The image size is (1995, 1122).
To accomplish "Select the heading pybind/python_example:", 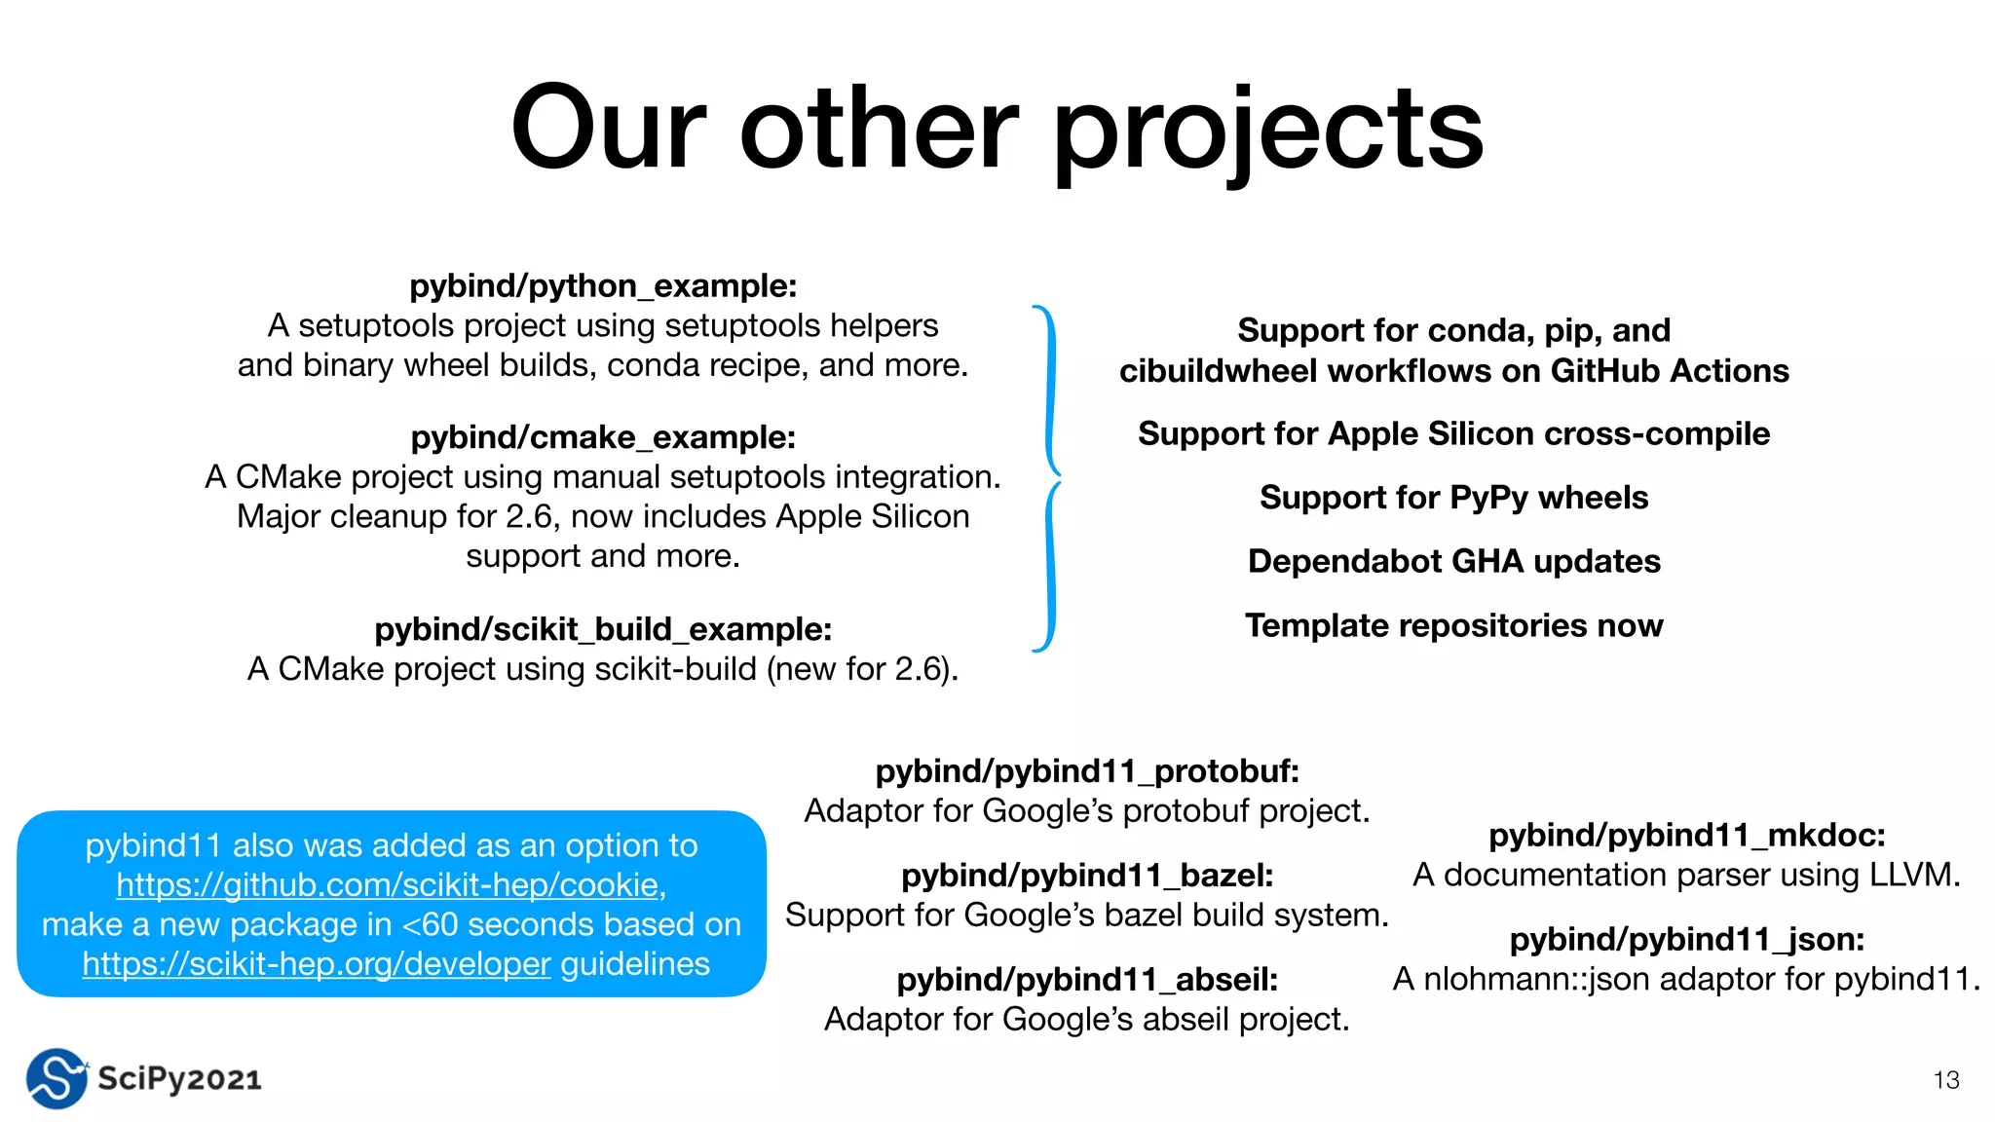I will coord(603,286).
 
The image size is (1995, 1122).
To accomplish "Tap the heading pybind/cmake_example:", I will coord(603,437).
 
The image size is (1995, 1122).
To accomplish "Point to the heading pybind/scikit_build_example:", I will coord(603,629).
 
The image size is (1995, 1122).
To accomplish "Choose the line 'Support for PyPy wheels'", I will coord(1453,498).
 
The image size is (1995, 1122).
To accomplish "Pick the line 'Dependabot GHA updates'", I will coord(1453,562).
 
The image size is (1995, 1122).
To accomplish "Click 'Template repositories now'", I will coord(1453,625).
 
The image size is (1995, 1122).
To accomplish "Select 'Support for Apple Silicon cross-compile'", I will coord(1453,433).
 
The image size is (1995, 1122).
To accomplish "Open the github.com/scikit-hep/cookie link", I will coord(388,884).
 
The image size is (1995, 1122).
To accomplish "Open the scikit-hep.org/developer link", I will coord(316,964).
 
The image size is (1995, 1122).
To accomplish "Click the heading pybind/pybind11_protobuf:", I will coord(1087,771).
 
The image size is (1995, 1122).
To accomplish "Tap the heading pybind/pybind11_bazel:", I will coord(1087,876).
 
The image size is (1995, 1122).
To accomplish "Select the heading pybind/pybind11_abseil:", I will coord(1087,980).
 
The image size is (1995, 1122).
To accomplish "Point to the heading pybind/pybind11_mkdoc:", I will coord(1687,836).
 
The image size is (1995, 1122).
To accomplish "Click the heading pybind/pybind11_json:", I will coord(1687,940).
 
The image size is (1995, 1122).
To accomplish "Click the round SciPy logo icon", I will coord(56,1078).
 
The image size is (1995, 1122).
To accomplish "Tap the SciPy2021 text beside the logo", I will coord(180,1079).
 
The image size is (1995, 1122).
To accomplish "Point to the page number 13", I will coord(1945,1080).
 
